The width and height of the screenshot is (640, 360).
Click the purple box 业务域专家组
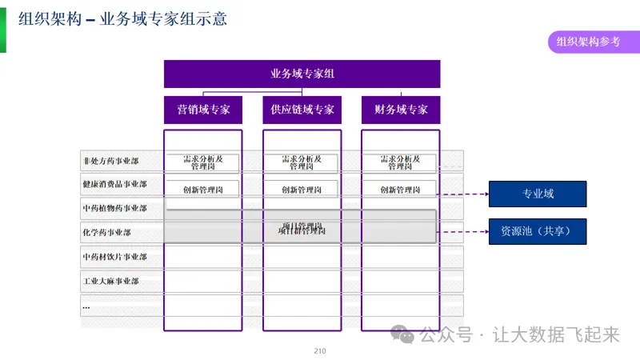click(302, 74)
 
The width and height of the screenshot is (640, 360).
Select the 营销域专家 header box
click(202, 110)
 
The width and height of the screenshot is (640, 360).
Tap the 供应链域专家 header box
click(302, 110)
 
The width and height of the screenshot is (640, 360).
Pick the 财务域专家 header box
click(401, 110)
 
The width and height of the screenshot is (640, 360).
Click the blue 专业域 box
click(538, 194)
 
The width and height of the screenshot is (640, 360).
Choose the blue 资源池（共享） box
click(538, 231)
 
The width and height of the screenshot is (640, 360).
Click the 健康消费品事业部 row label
click(115, 185)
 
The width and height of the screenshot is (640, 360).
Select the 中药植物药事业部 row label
click(115, 209)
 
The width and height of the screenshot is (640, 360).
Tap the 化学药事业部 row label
click(107, 233)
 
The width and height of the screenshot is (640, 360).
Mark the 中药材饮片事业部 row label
click(115, 257)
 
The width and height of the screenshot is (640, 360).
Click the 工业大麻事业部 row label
click(111, 282)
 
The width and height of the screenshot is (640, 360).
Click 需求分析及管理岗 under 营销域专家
click(203, 162)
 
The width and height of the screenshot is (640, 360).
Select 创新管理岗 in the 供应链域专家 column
click(302, 190)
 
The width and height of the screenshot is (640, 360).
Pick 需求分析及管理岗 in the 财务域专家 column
click(400, 162)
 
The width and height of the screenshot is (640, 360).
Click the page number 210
click(320, 351)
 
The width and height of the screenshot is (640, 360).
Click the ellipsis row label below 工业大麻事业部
click(86, 306)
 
